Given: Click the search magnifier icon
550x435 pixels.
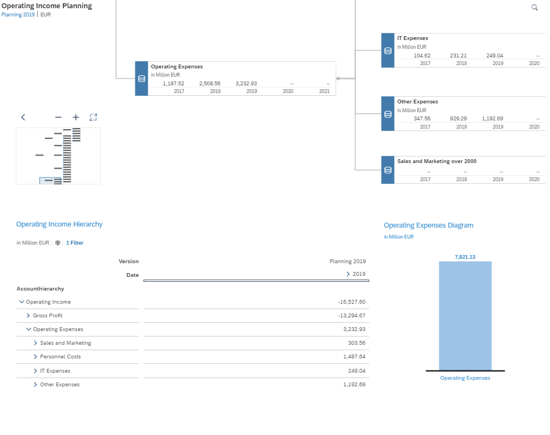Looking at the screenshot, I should click(535, 7).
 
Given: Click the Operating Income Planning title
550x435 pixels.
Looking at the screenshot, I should click(47, 6).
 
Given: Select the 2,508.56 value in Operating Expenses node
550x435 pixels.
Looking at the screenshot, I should click(210, 84).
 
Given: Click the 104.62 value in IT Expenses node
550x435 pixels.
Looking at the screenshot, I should click(422, 56).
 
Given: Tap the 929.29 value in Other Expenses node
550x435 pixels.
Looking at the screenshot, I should click(458, 119).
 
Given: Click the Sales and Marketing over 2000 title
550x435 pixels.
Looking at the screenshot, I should click(437, 161).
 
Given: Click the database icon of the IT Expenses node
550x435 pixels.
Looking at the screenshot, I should click(388, 51).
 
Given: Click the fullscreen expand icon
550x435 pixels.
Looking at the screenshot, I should click(93, 117).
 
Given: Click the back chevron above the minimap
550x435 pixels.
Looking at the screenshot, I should click(23, 117).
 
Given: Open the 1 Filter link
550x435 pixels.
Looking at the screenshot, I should click(75, 243).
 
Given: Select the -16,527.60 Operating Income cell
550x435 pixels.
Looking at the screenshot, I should click(352, 302).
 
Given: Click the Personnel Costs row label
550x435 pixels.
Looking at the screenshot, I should click(60, 357).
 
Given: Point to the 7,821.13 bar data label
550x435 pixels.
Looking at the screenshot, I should click(465, 257).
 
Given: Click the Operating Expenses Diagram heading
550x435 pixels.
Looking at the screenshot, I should click(428, 225).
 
